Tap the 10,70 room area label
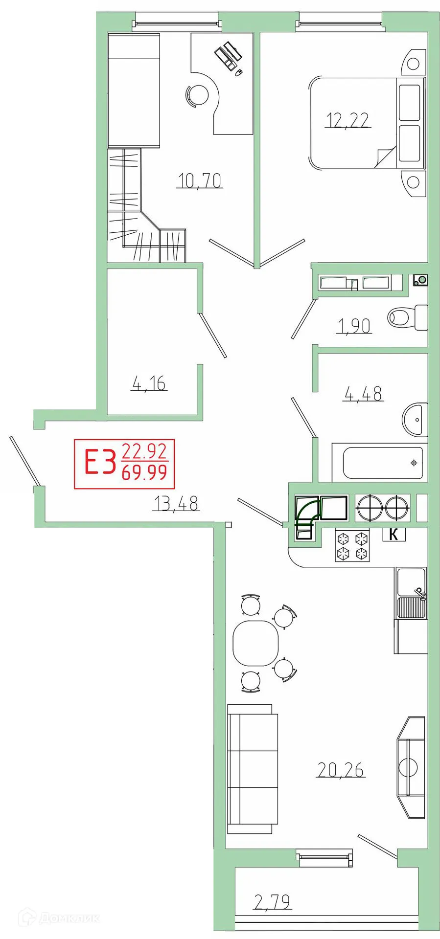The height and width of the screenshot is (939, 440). (200, 181)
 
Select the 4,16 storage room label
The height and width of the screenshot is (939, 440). (149, 383)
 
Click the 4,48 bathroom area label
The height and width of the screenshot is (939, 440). (363, 393)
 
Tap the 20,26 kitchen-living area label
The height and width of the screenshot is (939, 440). (341, 770)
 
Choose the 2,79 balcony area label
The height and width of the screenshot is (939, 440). (273, 901)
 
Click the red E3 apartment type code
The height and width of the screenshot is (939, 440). (100, 463)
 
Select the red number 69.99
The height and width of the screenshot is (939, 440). (144, 473)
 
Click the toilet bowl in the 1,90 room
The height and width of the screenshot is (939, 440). (406, 317)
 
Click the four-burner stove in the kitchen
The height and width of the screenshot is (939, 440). (352, 546)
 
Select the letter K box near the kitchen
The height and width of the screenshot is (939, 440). (394, 535)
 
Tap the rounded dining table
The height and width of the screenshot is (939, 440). (255, 643)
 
